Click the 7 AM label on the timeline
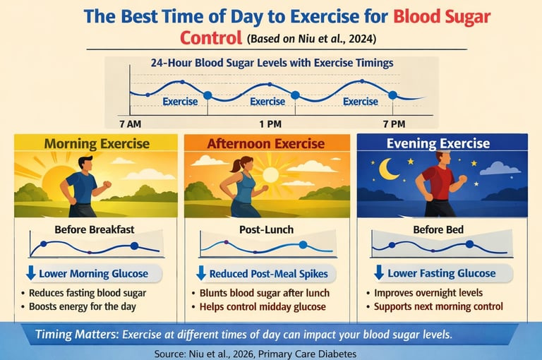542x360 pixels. (130, 124)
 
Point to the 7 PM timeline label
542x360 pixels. (394, 124)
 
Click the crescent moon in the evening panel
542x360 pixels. (388, 169)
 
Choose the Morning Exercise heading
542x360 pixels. (97, 144)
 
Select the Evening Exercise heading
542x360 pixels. (438, 144)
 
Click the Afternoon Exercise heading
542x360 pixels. (267, 144)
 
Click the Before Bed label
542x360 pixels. (437, 229)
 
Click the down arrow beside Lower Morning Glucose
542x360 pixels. (30, 273)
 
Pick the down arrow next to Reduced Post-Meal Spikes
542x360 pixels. (201, 273)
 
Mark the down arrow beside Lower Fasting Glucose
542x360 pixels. (378, 273)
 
